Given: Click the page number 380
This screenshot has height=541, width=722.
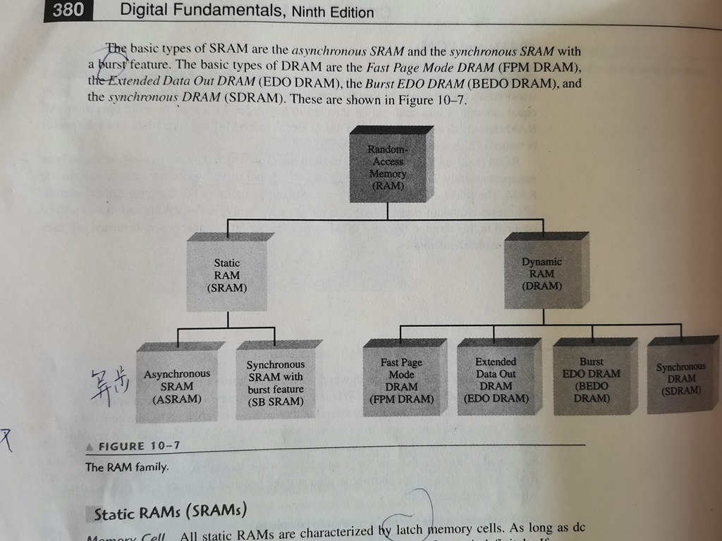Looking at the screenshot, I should tap(68, 10).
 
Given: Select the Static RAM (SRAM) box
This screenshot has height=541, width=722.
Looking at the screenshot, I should tap(227, 275).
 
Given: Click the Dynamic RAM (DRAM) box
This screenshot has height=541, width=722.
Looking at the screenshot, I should tap(542, 274).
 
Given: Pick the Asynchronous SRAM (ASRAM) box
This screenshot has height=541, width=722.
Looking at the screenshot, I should tap(177, 386).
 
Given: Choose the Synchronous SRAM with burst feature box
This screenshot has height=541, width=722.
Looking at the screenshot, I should tap(276, 383).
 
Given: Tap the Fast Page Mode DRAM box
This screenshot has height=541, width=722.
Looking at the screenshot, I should tap(402, 381).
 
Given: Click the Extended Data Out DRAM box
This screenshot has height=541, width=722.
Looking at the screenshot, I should tap(496, 380).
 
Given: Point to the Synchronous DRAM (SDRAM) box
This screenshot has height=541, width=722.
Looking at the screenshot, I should tap(680, 379).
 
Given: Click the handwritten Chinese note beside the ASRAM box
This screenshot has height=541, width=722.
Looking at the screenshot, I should tap(107, 385).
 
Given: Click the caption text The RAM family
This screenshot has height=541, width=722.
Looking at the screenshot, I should tap(127, 467).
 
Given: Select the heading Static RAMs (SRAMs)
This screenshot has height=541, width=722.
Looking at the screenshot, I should tap(169, 513).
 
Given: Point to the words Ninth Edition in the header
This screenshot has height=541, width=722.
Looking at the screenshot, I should tap(333, 12).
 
